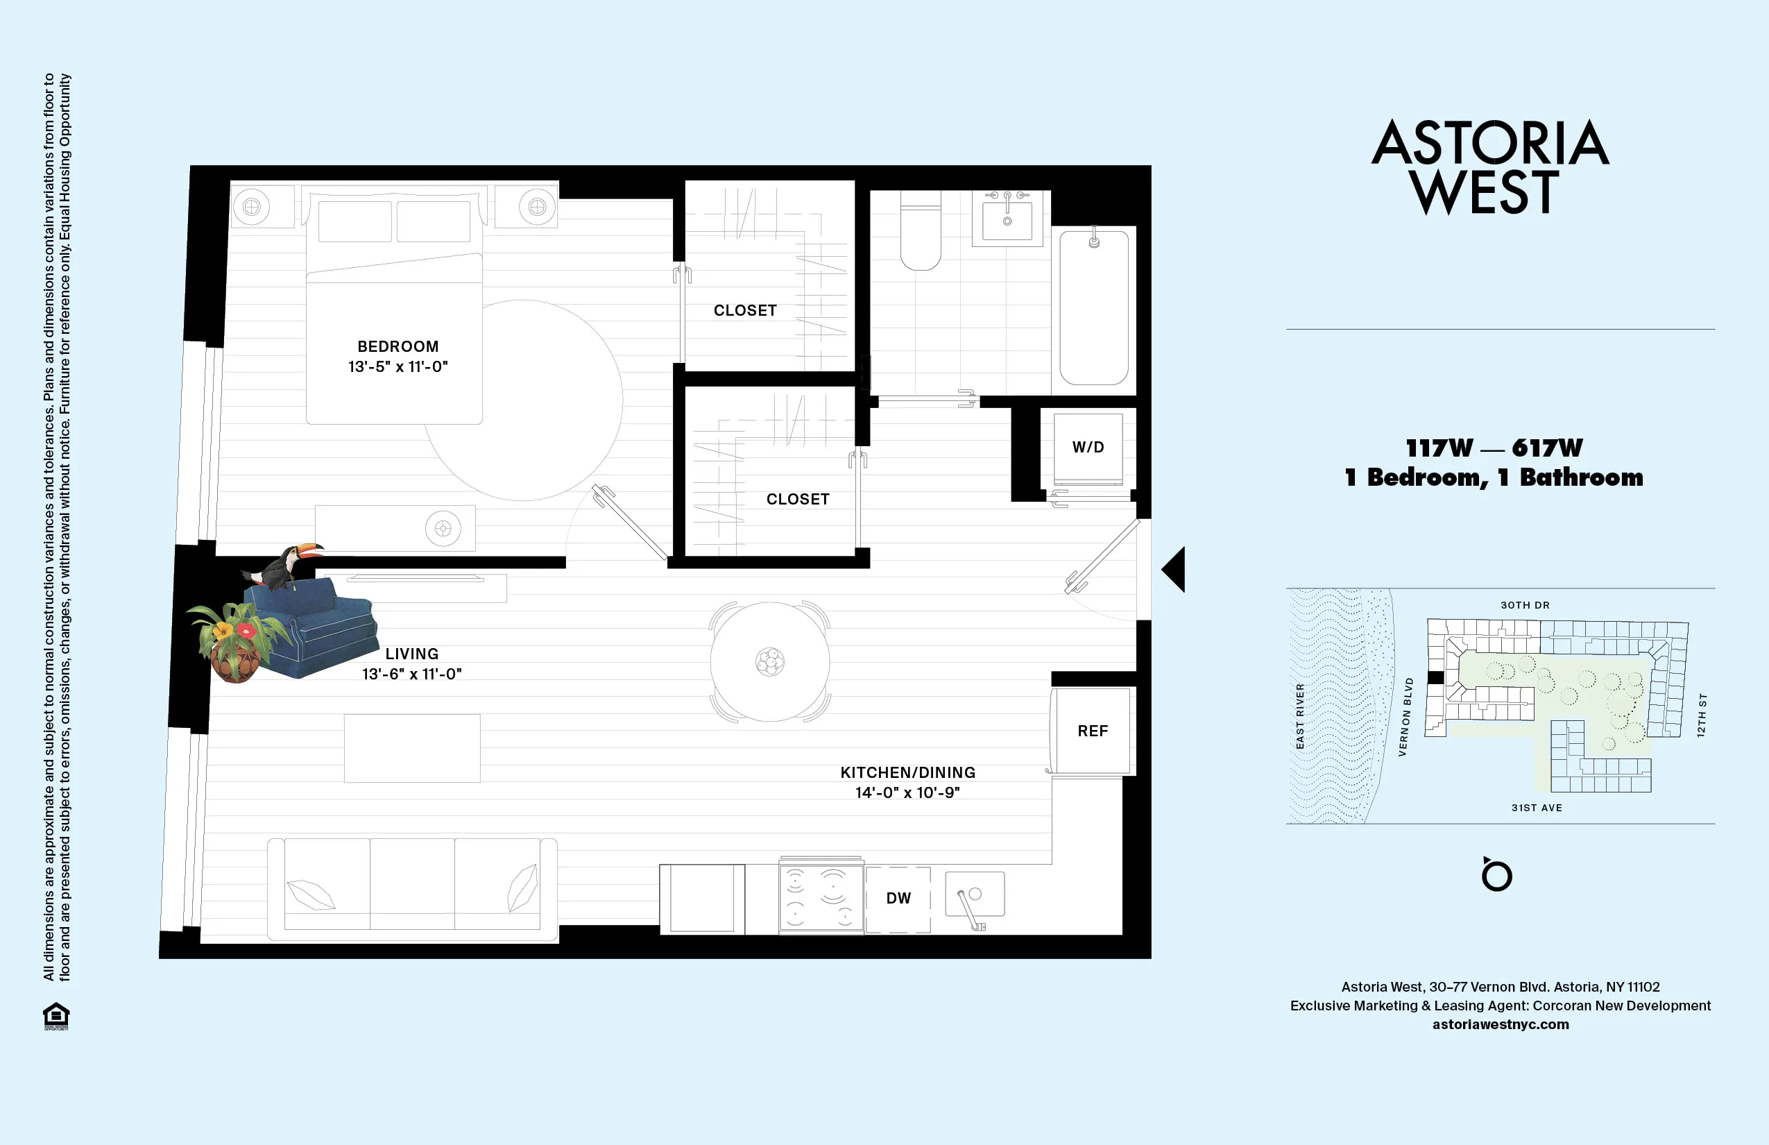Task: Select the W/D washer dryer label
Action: (x=1088, y=447)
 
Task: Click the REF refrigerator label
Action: (x=1092, y=731)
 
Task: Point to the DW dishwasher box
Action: (x=898, y=898)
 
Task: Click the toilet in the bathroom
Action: (x=920, y=232)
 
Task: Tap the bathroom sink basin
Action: (x=1007, y=220)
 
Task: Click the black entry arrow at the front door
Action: (x=1174, y=570)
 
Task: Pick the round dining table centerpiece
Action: (x=770, y=661)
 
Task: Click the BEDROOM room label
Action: (x=398, y=346)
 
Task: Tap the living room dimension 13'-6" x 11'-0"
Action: (x=412, y=675)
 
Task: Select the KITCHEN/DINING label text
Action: (x=907, y=772)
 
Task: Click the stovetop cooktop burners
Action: (x=821, y=897)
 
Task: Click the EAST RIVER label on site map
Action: (x=1300, y=716)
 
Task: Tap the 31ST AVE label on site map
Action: (x=1537, y=808)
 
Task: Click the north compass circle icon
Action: (x=1496, y=876)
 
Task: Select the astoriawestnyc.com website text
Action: (x=1500, y=1024)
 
